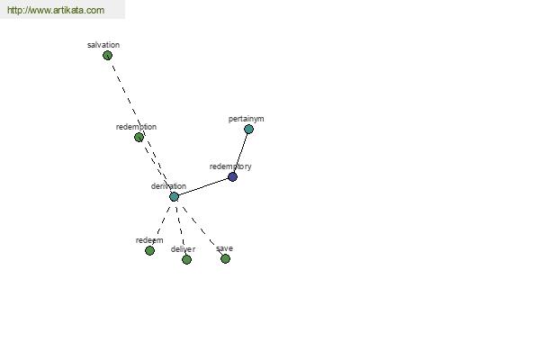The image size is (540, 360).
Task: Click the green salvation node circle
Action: click(107, 55)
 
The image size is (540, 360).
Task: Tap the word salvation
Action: click(103, 45)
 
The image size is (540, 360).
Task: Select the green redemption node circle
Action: click(139, 137)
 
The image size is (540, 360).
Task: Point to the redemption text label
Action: click(136, 127)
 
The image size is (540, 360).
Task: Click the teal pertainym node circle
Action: click(248, 130)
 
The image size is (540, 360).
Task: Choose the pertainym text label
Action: click(247, 119)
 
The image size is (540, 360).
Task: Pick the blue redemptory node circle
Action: click(232, 176)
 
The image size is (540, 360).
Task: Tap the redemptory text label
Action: click(230, 166)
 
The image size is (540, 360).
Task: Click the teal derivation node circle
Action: click(174, 197)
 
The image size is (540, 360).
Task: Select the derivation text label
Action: click(168, 186)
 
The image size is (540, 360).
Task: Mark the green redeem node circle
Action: click(149, 250)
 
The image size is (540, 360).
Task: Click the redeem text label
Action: click(149, 240)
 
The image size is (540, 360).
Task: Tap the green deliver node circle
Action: click(186, 259)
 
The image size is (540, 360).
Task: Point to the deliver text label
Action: click(183, 249)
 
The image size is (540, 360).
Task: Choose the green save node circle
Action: click(225, 258)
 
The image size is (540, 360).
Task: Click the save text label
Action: click(224, 248)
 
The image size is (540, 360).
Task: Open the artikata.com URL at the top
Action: click(56, 10)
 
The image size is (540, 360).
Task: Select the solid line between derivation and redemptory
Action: click(203, 186)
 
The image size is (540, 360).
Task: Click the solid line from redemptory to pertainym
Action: click(240, 153)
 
